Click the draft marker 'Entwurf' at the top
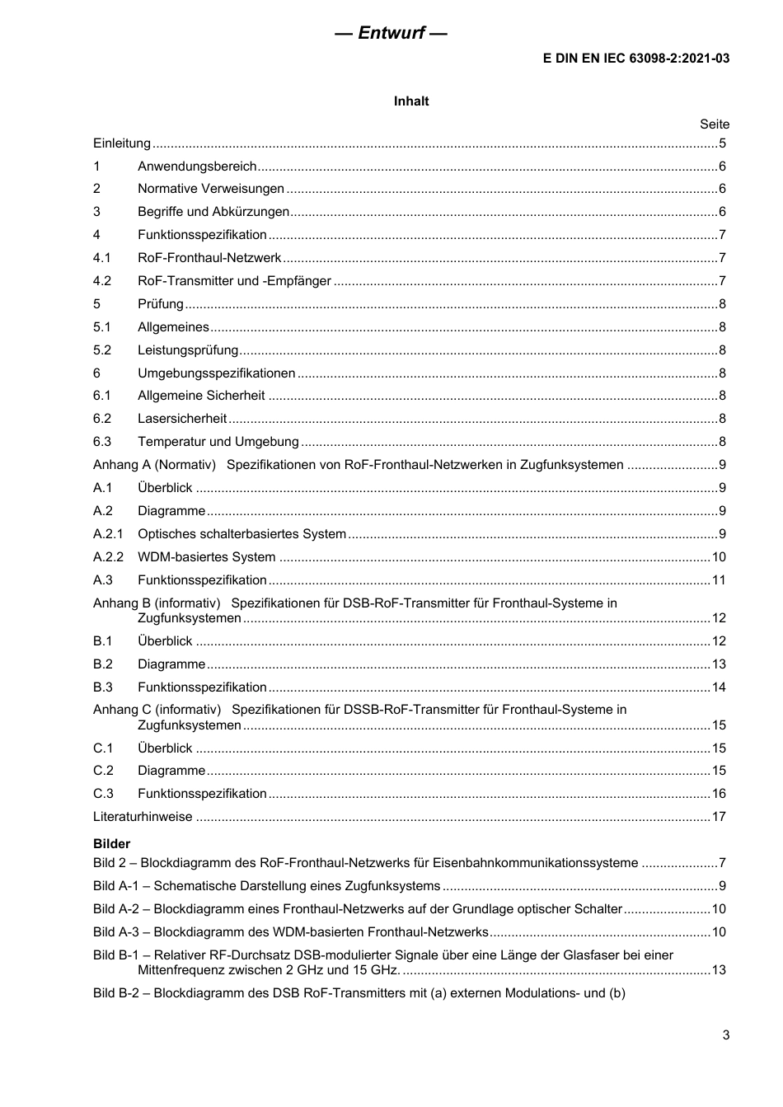coord(391,33)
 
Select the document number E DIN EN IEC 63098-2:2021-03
coord(635,59)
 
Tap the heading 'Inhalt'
coord(411,101)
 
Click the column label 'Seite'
coord(715,124)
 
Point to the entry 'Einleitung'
coord(122,143)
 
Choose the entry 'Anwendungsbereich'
coord(197,167)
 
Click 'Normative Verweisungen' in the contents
coord(211,189)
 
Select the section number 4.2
coord(102,281)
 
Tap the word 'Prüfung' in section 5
coord(161,304)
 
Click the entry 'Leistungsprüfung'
coord(188,350)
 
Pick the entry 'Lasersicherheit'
coord(182,419)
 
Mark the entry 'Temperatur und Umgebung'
coord(218,442)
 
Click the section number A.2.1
coord(108,534)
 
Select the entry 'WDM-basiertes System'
coord(207,557)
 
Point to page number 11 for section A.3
coord(719,580)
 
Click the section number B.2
coord(103,664)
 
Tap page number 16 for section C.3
coord(719,794)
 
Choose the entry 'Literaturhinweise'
coord(143,817)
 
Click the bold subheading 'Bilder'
coord(112,844)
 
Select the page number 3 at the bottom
coord(725,1036)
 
